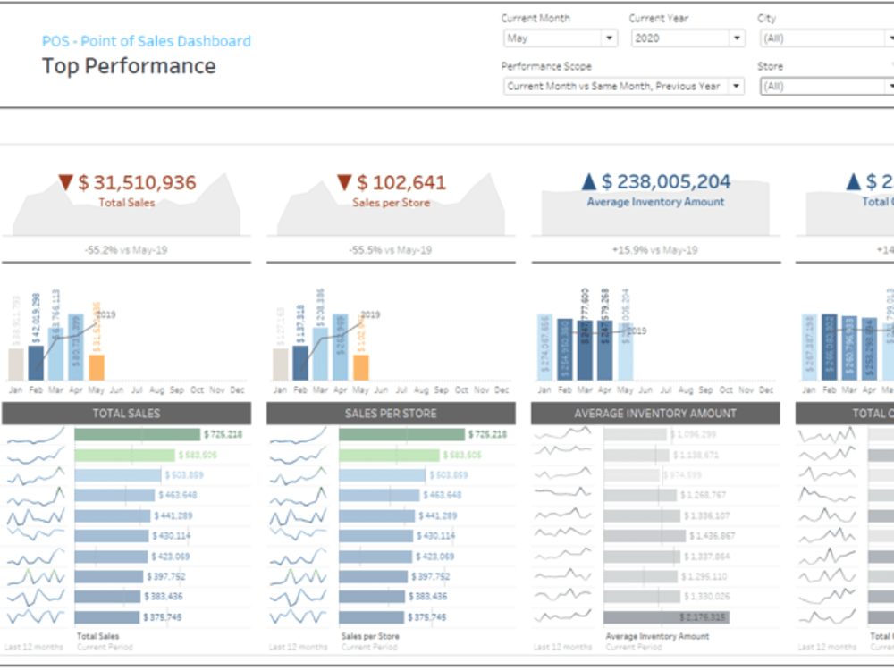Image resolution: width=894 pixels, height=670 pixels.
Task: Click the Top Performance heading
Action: point(129,66)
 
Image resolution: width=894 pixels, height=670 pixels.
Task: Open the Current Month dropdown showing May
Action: point(560,38)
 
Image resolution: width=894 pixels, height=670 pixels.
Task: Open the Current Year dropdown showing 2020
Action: point(687,38)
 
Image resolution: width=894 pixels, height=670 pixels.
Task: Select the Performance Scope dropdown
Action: point(623,87)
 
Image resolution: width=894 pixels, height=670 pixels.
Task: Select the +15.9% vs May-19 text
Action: point(655,250)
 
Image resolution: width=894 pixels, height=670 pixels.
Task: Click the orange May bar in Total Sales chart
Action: point(97,367)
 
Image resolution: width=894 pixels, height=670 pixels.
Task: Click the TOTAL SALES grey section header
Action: point(127,414)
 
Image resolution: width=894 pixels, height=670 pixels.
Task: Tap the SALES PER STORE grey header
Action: point(391,414)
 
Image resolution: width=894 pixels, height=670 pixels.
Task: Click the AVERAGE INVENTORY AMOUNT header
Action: point(655,414)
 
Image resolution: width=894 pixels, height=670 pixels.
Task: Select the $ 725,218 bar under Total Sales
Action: point(138,434)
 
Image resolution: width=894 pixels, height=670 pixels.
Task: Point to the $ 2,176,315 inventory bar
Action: point(666,616)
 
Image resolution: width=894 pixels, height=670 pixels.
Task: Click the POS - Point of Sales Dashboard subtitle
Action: point(147,41)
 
